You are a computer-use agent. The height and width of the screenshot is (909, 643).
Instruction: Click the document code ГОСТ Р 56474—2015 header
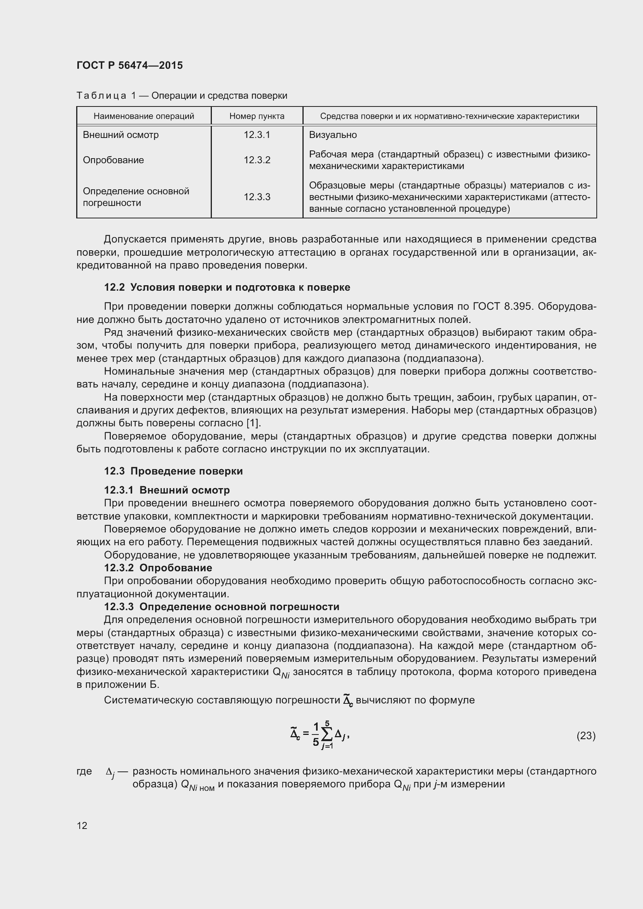point(129,65)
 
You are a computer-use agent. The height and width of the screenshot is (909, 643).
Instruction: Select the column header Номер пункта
point(257,116)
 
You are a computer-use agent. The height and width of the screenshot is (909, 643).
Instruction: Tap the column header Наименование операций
point(144,116)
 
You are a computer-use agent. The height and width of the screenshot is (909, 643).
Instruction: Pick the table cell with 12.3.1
point(257,134)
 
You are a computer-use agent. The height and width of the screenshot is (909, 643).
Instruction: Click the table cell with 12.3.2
point(257,160)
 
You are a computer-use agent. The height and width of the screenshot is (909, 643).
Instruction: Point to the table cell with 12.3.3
point(257,197)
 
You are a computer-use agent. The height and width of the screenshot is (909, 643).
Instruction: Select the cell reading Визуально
point(333,134)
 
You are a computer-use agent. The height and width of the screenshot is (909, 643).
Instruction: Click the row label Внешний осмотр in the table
point(121,134)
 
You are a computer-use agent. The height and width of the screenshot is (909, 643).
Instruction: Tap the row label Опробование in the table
point(113,160)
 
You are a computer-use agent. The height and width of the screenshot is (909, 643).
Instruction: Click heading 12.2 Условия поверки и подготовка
point(227,287)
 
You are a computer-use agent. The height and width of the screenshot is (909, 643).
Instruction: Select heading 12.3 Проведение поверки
point(173,471)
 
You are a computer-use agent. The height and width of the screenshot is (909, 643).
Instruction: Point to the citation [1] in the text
point(253,423)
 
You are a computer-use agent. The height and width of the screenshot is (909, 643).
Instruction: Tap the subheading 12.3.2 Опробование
point(158,568)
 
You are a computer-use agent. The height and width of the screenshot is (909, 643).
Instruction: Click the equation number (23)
point(585,736)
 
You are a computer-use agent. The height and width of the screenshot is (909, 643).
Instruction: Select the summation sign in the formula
point(327,735)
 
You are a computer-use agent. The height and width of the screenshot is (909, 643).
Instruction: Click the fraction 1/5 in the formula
point(316,735)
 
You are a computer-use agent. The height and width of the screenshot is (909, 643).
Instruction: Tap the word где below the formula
point(84,771)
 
